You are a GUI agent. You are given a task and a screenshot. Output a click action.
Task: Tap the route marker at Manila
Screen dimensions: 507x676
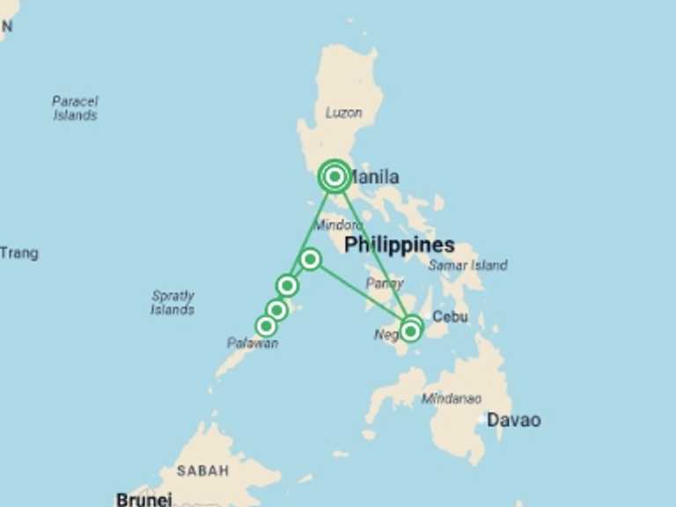334,177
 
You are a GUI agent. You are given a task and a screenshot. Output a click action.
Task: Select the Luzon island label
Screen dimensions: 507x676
343,113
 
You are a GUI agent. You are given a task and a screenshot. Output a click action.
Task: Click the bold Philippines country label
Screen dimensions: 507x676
399,246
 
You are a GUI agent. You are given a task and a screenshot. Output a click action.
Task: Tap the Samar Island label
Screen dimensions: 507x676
467,265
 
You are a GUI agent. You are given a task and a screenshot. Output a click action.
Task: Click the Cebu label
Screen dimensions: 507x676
451,317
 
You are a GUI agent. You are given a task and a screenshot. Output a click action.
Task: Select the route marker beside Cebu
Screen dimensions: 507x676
411,330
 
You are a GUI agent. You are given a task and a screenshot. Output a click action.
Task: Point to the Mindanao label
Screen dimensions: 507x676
451,399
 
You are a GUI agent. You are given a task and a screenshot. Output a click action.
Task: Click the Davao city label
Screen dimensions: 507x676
513,421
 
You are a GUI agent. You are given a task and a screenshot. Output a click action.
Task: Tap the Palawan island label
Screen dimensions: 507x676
253,343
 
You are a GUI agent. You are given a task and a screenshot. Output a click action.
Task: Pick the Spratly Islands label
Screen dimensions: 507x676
173,303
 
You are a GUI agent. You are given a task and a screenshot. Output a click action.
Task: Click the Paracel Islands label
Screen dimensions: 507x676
75,108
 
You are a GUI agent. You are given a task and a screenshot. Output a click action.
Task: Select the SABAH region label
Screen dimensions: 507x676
202,471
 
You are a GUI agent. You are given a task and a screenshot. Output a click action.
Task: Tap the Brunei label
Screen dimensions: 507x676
143,499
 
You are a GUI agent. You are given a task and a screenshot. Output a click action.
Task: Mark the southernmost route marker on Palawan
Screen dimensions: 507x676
266,327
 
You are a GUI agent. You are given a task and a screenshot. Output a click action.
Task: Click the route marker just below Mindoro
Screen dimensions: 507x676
309,259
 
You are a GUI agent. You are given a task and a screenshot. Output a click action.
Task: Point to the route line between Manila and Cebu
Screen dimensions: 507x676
372,253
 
